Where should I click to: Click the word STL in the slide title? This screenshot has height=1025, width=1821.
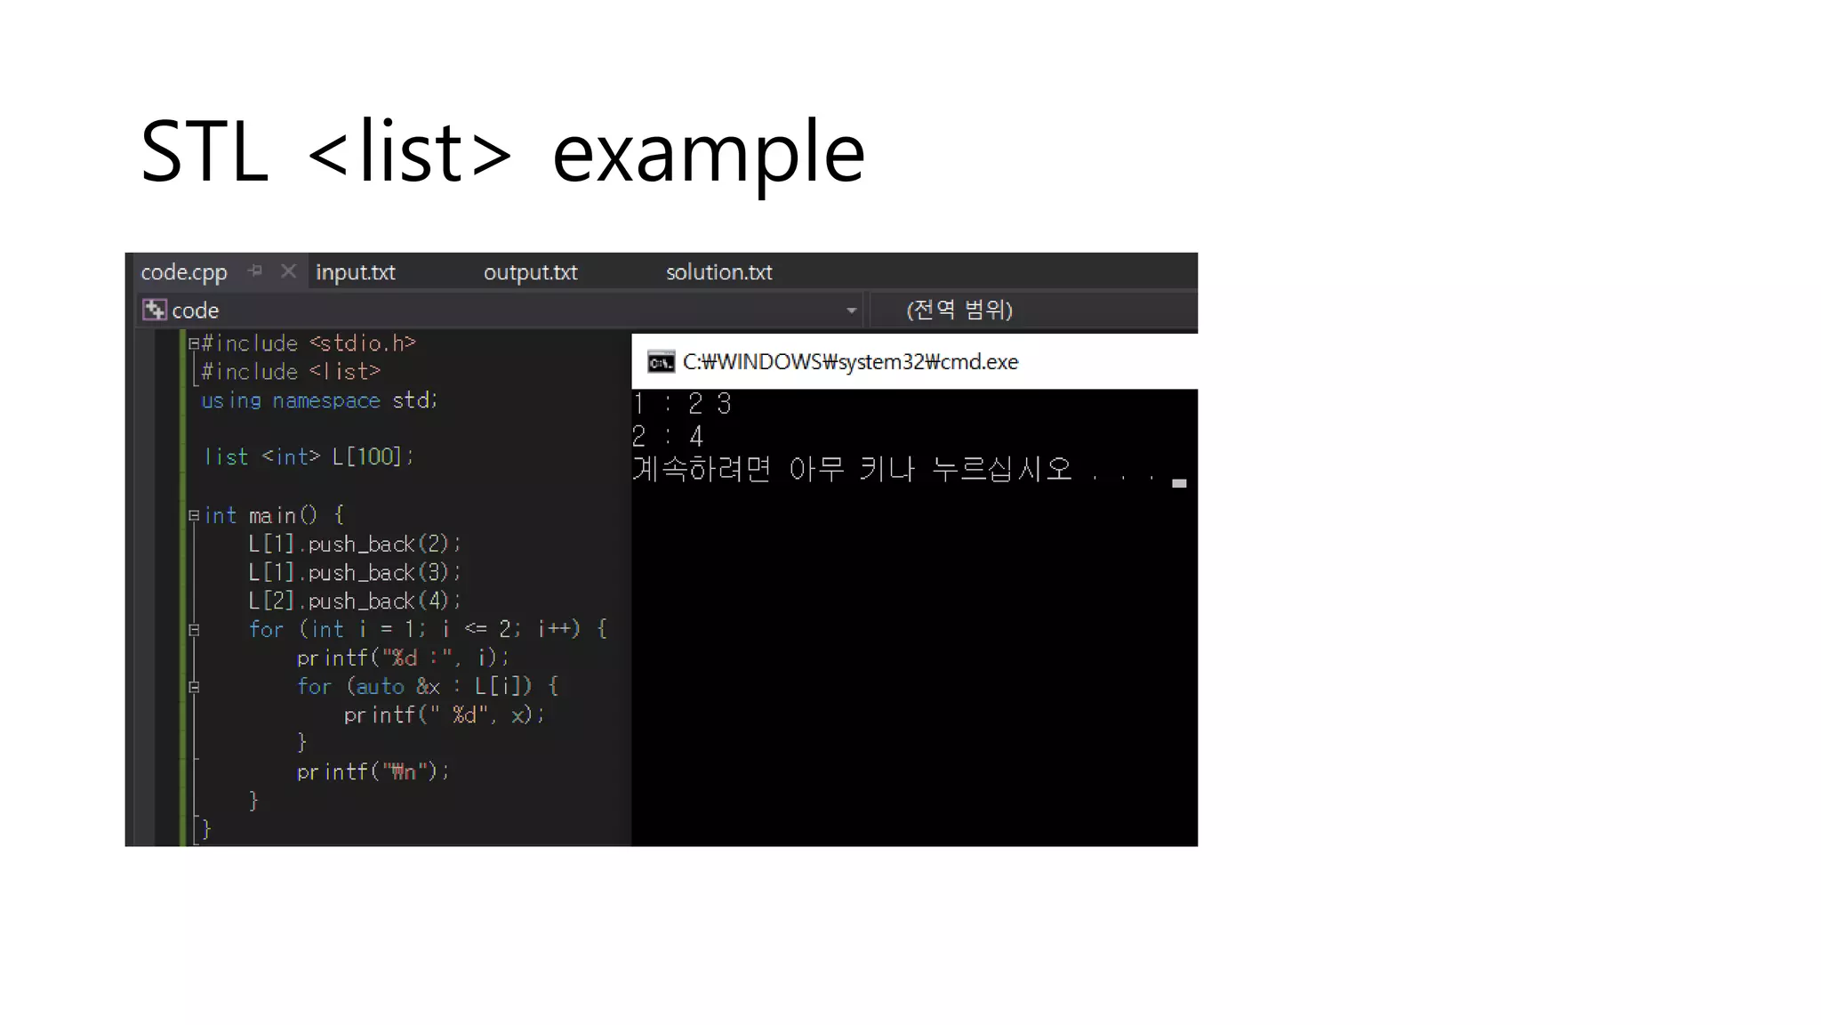(x=205, y=152)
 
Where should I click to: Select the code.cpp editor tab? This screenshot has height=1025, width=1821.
(x=184, y=272)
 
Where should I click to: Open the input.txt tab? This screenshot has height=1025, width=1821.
(x=355, y=272)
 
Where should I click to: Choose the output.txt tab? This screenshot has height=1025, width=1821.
(x=530, y=272)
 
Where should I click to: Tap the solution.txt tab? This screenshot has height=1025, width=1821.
(x=718, y=272)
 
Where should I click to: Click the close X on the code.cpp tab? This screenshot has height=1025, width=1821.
(x=288, y=270)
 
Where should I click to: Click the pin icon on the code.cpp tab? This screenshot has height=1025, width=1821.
(x=255, y=270)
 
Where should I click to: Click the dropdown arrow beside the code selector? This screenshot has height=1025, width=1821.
(x=851, y=311)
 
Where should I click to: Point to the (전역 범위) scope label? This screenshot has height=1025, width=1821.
(x=959, y=310)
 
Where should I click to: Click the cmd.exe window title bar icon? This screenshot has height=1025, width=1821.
(x=661, y=362)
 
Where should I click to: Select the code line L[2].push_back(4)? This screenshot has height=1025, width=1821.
(x=354, y=601)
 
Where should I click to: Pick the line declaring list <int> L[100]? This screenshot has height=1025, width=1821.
(x=309, y=456)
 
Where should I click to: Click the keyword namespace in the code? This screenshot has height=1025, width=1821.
(x=325, y=400)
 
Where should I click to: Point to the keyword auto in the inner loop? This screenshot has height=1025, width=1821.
(x=380, y=686)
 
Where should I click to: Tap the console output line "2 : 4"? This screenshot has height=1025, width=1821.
(x=668, y=436)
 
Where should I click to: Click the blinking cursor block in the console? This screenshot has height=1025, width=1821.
(x=1179, y=483)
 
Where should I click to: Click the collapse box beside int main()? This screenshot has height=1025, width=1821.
(x=193, y=515)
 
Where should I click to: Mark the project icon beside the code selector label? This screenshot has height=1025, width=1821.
(x=154, y=310)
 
